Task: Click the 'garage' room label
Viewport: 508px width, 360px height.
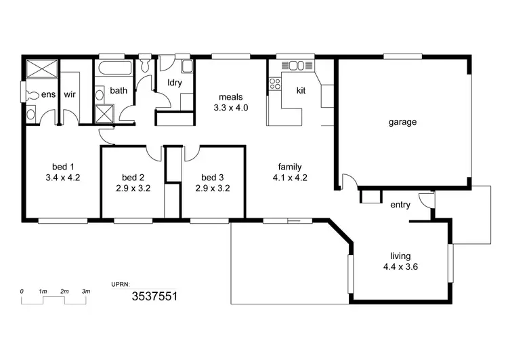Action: click(x=402, y=123)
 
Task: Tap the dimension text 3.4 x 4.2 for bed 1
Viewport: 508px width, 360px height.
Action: click(x=62, y=179)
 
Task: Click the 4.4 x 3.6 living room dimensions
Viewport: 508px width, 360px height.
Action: click(x=400, y=266)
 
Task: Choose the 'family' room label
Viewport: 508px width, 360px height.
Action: click(x=290, y=167)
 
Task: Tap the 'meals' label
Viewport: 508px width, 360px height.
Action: click(x=231, y=97)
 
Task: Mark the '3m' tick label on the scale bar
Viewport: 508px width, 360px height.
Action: click(x=86, y=291)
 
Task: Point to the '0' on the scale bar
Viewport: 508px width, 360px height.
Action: click(x=22, y=291)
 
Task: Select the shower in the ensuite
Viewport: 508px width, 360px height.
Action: click(x=41, y=70)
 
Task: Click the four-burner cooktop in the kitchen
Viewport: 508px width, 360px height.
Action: click(x=275, y=84)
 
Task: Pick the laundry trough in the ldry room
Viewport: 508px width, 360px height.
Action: click(x=187, y=66)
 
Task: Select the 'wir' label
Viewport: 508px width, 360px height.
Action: click(x=70, y=95)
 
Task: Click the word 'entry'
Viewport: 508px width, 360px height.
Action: click(x=400, y=205)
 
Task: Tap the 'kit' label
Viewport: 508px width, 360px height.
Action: click(x=302, y=89)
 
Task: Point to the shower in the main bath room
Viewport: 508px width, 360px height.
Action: click(x=104, y=113)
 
